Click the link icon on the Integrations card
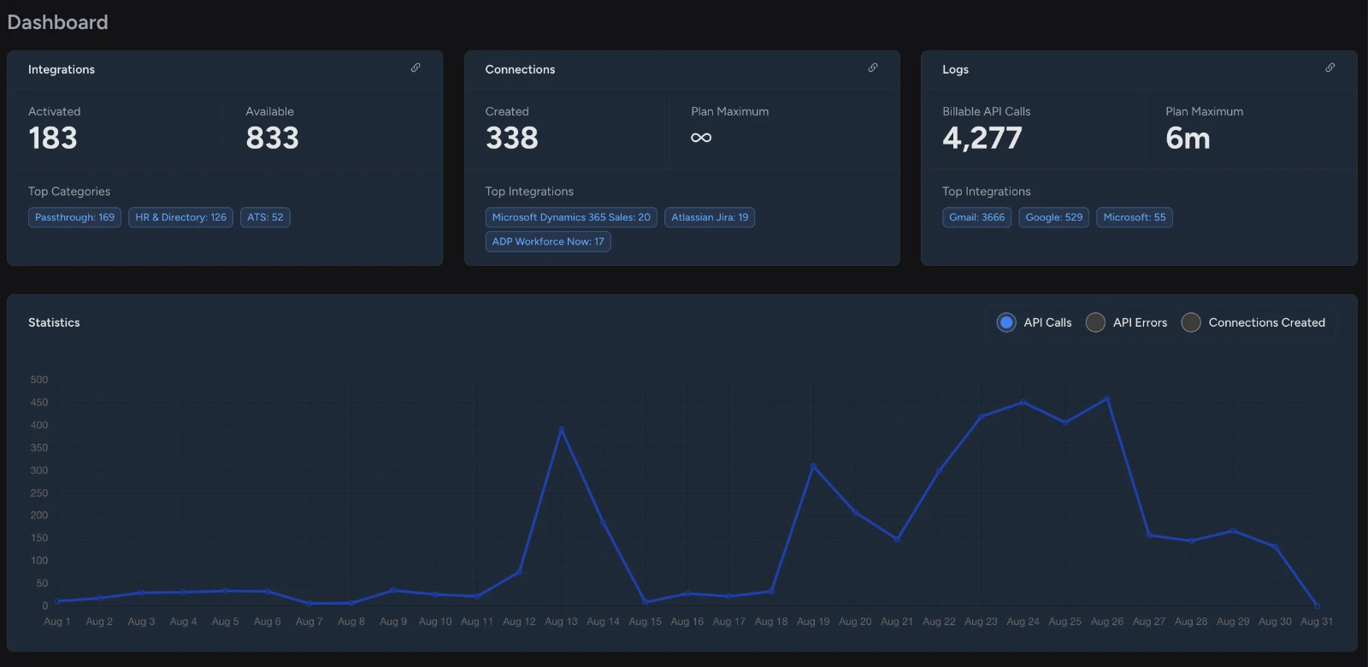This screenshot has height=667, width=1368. click(x=416, y=68)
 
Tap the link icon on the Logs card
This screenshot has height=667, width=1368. click(x=1330, y=68)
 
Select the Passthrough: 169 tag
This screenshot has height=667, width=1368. click(x=74, y=217)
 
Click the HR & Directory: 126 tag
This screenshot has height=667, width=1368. click(x=180, y=217)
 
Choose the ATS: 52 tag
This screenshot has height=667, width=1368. click(x=265, y=217)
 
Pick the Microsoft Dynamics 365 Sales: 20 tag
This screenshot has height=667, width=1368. click(x=571, y=217)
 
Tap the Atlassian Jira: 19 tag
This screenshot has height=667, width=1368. click(x=710, y=217)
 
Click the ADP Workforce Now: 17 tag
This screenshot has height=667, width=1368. click(x=548, y=242)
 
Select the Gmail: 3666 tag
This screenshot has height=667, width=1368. click(x=976, y=217)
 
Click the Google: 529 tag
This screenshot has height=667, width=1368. click(x=1053, y=217)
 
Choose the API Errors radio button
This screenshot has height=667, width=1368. click(x=1095, y=322)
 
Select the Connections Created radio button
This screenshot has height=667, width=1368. click(x=1190, y=322)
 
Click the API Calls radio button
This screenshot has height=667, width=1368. click(x=1005, y=322)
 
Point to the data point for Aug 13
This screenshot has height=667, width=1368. click(x=561, y=429)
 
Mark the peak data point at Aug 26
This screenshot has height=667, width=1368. click(x=1107, y=398)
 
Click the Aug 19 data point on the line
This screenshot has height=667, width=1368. click(x=813, y=467)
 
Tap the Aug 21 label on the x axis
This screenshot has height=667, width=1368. click(x=897, y=622)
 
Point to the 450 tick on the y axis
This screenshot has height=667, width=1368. click(x=39, y=403)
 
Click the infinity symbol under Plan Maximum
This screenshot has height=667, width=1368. click(x=701, y=138)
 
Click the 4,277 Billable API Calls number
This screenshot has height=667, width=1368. click(x=982, y=138)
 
